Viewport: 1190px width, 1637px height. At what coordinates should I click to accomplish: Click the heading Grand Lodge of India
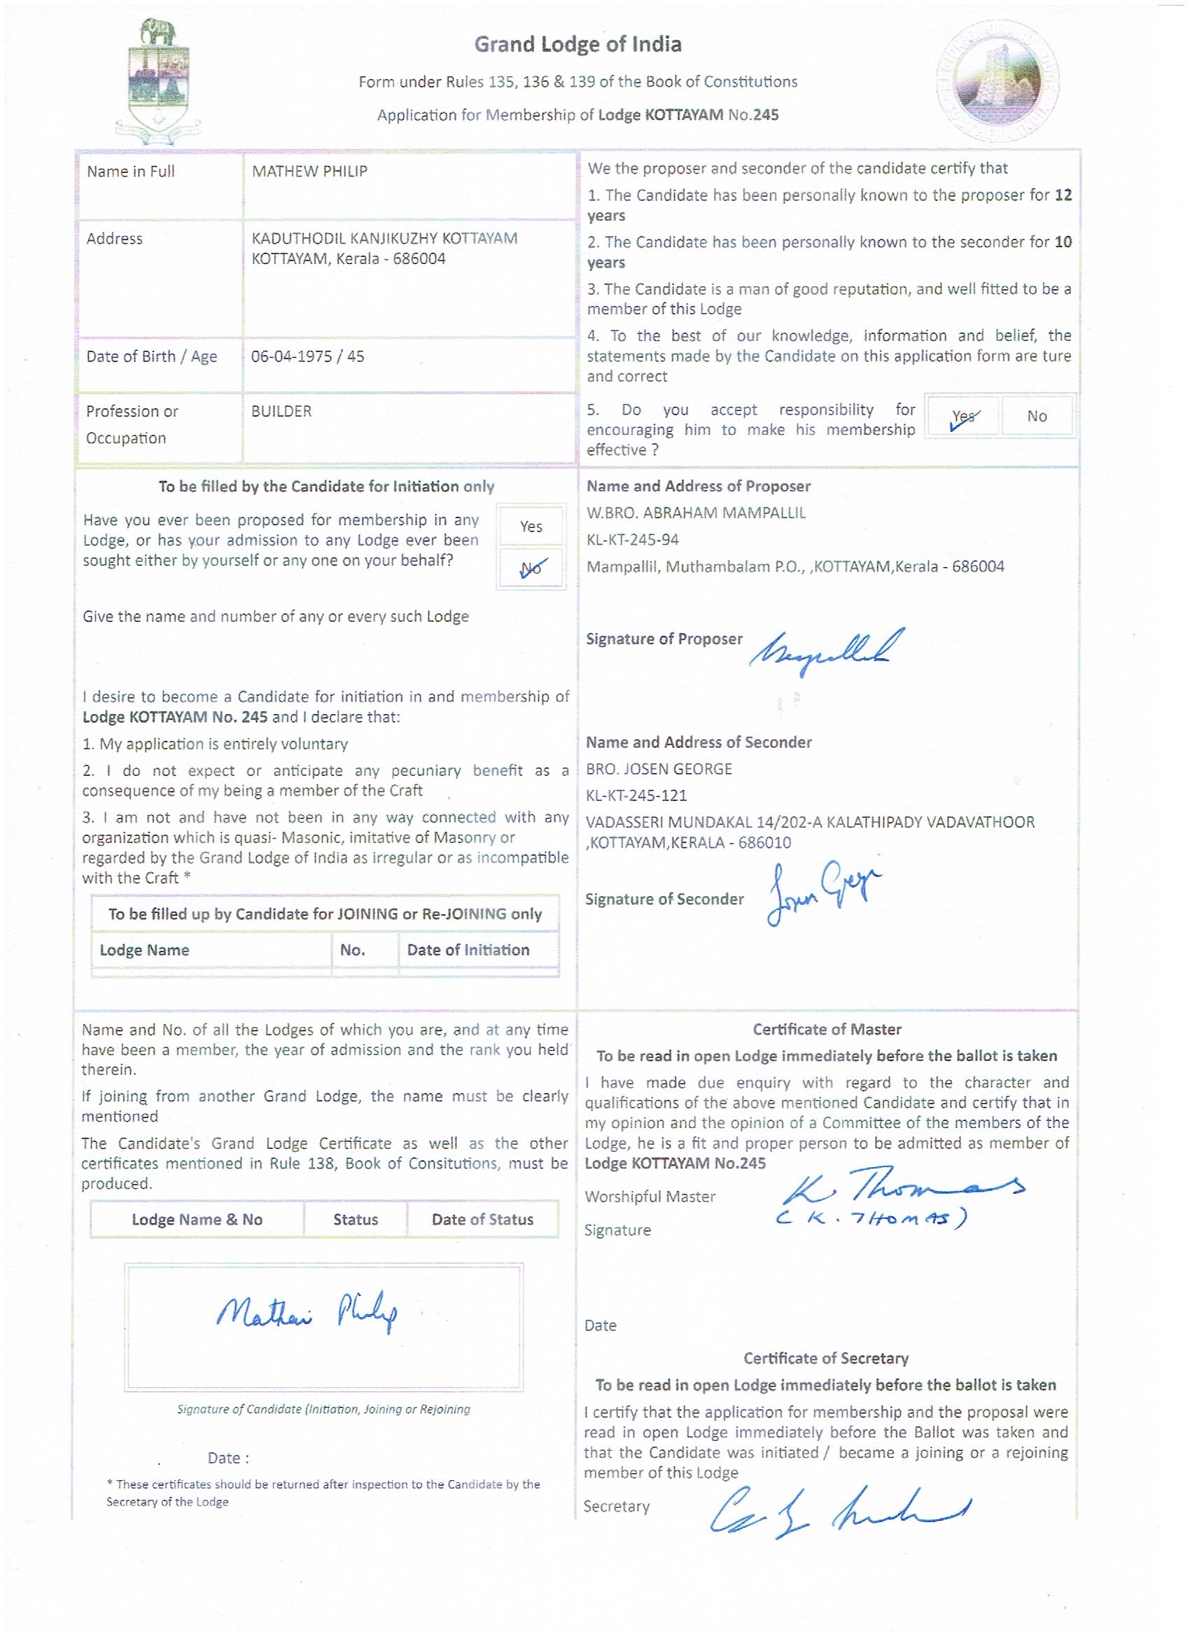coord(577,46)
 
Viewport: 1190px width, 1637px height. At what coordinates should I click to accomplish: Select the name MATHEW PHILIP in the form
coord(309,172)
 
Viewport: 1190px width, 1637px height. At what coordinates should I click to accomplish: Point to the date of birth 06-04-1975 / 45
coord(307,356)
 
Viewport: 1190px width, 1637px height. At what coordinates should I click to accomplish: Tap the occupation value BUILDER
coord(281,412)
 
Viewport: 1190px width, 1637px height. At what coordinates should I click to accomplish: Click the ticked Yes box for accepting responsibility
coord(963,417)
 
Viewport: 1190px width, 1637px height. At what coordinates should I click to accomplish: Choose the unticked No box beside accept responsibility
coord(1037,417)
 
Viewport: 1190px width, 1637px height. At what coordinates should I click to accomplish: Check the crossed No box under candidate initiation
coord(531,569)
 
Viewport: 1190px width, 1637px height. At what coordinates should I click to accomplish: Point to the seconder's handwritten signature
coord(822,895)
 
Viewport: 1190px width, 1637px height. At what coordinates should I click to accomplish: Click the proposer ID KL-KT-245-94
coord(632,540)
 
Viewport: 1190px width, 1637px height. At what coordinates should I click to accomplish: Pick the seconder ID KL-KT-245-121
coord(636,795)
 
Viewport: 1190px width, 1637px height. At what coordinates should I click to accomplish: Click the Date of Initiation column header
coord(468,950)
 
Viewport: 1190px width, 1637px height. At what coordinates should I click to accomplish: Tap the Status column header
coord(355,1220)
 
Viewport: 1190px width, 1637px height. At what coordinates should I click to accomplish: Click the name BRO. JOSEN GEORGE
coord(659,769)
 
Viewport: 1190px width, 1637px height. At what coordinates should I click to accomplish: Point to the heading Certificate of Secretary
coord(825,1358)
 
